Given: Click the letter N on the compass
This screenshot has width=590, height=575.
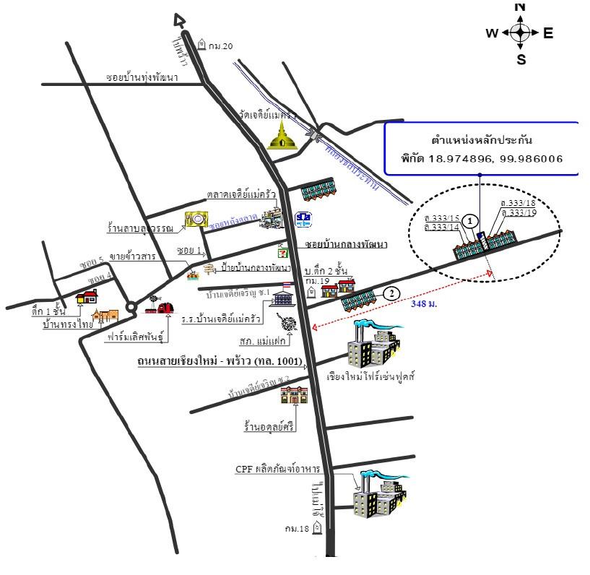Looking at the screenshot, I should pyautogui.click(x=520, y=7).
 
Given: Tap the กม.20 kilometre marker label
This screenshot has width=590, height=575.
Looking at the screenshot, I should pyautogui.click(x=221, y=46).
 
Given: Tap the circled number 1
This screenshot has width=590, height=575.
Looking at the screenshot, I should pyautogui.click(x=470, y=220).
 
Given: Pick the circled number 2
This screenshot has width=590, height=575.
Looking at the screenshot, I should pyautogui.click(x=391, y=293).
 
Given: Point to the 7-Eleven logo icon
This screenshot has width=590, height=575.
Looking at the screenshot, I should pyautogui.click(x=284, y=252).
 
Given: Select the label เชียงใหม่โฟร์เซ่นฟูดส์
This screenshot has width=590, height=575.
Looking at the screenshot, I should pyautogui.click(x=372, y=377).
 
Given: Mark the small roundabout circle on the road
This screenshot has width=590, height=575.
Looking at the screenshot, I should pyautogui.click(x=131, y=307).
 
